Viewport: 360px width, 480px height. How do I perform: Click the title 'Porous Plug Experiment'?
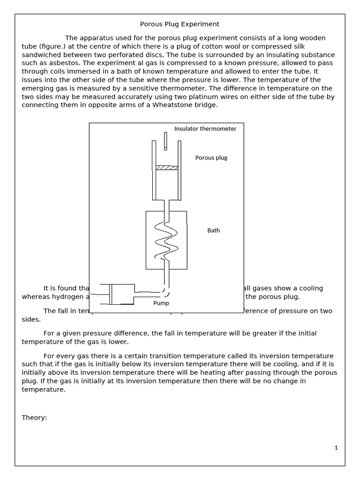180,24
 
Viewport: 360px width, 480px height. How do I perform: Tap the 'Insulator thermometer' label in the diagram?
205,128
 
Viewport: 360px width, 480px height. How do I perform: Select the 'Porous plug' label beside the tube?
211,157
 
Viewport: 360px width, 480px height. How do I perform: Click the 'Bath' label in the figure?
213,230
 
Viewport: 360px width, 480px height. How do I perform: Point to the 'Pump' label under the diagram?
161,303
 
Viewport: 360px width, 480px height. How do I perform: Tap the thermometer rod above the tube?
165,141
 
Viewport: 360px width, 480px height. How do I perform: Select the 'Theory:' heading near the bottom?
34,405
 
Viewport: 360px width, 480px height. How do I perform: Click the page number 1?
336,448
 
